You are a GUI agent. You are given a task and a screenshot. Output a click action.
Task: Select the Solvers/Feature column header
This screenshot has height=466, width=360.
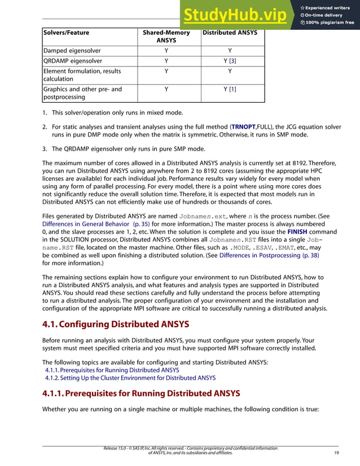click(x=66, y=33)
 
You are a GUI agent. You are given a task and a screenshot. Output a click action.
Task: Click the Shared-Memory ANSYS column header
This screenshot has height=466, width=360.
click(x=166, y=37)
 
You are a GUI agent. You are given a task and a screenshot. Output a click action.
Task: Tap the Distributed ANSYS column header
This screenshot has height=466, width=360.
click(x=229, y=33)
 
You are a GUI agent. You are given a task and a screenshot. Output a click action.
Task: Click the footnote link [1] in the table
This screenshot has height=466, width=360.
click(x=232, y=89)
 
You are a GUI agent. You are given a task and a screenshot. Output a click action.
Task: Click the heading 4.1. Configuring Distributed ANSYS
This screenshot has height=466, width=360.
click(x=116, y=324)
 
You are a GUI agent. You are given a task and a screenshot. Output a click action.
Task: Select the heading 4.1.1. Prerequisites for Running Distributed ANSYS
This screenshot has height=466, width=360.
click(x=142, y=393)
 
